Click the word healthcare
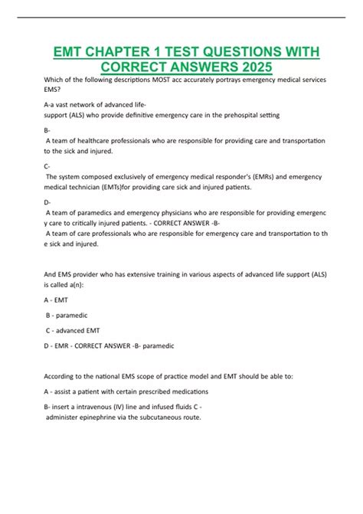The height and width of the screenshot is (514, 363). (x=95, y=141)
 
